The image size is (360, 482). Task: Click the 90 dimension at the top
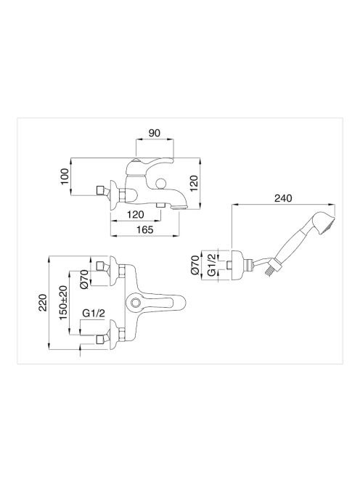(155, 133)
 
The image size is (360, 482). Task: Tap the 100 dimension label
(65, 176)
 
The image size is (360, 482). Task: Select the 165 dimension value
(145, 229)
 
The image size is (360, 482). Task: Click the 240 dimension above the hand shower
(283, 198)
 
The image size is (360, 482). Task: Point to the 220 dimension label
(43, 303)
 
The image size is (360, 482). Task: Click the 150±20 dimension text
(63, 303)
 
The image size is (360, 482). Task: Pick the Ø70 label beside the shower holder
(195, 264)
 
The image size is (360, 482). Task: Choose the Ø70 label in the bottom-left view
(84, 279)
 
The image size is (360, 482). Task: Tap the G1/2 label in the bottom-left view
(94, 314)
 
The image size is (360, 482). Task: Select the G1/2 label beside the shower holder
(212, 264)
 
